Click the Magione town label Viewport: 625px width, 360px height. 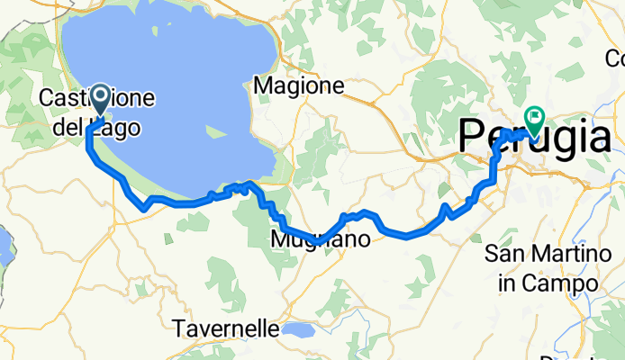pos(300,86)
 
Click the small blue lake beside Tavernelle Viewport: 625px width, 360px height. pos(297,330)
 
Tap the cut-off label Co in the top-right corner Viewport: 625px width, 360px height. pos(614,59)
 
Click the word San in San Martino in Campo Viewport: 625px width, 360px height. pos(503,255)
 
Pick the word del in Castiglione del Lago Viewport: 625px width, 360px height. pos(67,129)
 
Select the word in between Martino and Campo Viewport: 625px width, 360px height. pos(510,283)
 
